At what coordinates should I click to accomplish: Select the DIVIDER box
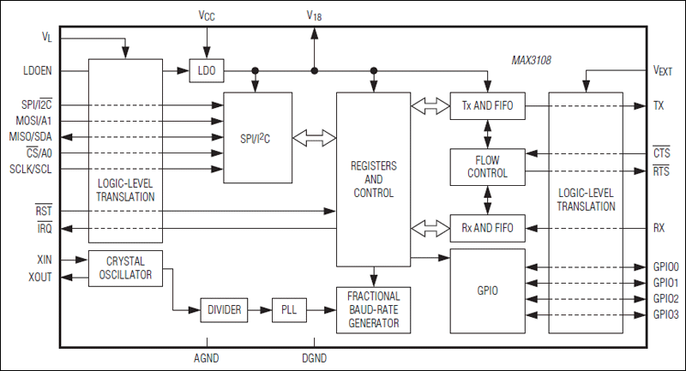[225, 309]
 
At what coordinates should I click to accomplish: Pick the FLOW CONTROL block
[487, 166]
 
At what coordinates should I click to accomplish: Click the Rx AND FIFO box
[487, 228]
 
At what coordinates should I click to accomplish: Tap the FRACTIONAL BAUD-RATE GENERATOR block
[373, 310]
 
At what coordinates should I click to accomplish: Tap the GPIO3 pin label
[665, 315]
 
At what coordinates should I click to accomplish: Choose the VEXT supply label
[663, 71]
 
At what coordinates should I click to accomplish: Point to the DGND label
[314, 358]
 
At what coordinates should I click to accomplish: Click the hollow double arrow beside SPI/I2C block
[314, 137]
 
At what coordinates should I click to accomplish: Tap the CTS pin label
[660, 153]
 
